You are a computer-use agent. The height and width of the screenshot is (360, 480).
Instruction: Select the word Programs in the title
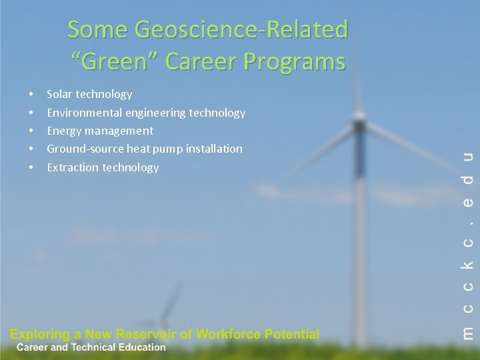pyautogui.click(x=297, y=62)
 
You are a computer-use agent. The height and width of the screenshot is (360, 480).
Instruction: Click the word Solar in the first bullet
pyautogui.click(x=61, y=95)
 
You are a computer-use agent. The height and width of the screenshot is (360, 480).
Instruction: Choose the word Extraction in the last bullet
pyautogui.click(x=73, y=167)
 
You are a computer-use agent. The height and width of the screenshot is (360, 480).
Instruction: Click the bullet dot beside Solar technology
pyautogui.click(x=32, y=95)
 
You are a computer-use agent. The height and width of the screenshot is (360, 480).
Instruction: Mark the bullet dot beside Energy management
pyautogui.click(x=32, y=131)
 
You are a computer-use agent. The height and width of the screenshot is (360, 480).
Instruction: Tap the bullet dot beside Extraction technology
pyautogui.click(x=32, y=167)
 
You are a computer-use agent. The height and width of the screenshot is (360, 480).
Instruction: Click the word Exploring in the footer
pyautogui.click(x=40, y=334)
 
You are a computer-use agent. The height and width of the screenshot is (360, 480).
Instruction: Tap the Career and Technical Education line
pyautogui.click(x=91, y=347)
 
